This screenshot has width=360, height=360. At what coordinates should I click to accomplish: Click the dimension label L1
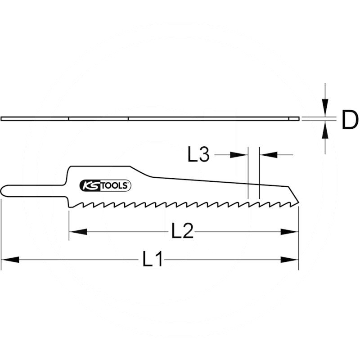pyautogui.click(x=153, y=260)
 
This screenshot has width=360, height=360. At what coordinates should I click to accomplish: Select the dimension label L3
pyautogui.click(x=198, y=155)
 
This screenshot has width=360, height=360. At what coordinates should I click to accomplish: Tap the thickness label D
pyautogui.click(x=349, y=121)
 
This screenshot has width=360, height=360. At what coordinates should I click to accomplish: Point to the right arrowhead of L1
pyautogui.click(x=290, y=259)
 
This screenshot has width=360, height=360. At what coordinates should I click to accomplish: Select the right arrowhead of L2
pyautogui.click(x=290, y=232)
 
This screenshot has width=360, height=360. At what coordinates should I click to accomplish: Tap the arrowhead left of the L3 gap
pyautogui.click(x=239, y=154)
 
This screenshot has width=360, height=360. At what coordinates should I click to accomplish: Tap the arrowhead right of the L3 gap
pyautogui.click(x=268, y=154)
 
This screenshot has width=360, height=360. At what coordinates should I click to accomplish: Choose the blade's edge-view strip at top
pyautogui.click(x=148, y=118)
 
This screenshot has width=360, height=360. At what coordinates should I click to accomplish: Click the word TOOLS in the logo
pyautogui.click(x=117, y=185)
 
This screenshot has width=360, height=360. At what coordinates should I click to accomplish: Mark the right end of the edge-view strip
pyautogui.click(x=297, y=118)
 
